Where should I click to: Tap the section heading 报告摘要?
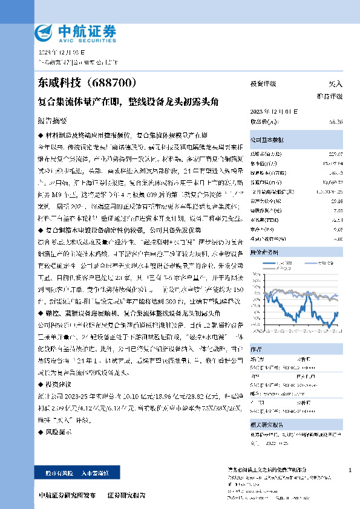(52, 120)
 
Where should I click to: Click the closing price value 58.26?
(336, 122)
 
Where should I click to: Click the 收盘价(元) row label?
(262, 122)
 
